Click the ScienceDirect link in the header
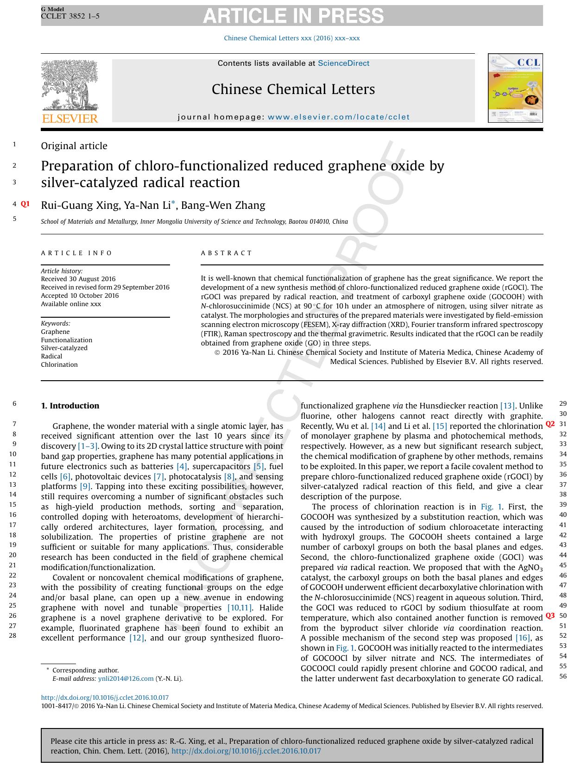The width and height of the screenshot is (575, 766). (x=343, y=63)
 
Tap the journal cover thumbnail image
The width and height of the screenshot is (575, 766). (x=515, y=88)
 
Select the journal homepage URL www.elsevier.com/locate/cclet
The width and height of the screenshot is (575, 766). (x=339, y=117)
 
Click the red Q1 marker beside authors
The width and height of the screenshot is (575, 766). (x=25, y=204)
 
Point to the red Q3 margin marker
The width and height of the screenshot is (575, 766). (x=550, y=616)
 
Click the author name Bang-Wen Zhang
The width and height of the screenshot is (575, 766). (x=223, y=206)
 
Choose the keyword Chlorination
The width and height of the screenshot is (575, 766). (x=59, y=364)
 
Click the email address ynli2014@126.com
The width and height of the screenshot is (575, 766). (x=126, y=679)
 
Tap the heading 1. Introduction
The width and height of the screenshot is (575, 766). (x=70, y=406)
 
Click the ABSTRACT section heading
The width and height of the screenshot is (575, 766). (x=226, y=253)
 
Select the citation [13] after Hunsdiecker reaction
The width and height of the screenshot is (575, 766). (x=507, y=406)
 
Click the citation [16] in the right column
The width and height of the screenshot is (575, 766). (x=523, y=638)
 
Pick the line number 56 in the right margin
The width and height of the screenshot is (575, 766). (x=563, y=676)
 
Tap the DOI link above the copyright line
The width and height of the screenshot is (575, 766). (x=105, y=697)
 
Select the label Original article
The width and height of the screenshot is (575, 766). (x=74, y=146)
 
